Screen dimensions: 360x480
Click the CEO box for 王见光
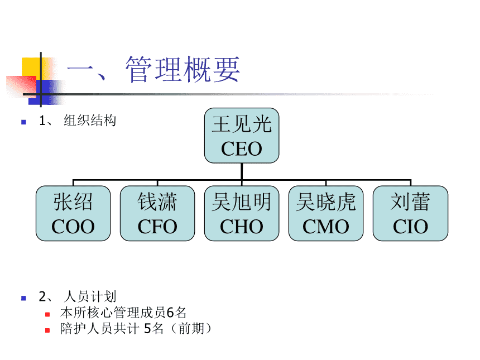pyautogui.click(x=241, y=136)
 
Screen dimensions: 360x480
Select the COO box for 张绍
pyautogui.click(x=73, y=214)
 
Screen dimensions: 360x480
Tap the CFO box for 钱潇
pyautogui.click(x=157, y=214)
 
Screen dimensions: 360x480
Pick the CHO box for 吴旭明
pyautogui.click(x=241, y=214)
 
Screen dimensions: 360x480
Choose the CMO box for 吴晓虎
pyautogui.click(x=326, y=214)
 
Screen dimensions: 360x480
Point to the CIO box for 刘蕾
pyautogui.click(x=410, y=214)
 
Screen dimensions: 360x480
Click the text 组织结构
pyautogui.click(x=90, y=121)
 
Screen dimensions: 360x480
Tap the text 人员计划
pyautogui.click(x=90, y=296)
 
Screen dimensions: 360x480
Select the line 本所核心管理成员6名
pyautogui.click(x=123, y=313)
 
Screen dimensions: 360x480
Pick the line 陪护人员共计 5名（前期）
pyautogui.click(x=136, y=329)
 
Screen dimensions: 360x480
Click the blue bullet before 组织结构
pyautogui.click(x=23, y=121)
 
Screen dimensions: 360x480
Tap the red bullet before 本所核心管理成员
pyautogui.click(x=48, y=314)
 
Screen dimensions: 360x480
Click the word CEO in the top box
pyautogui.click(x=241, y=149)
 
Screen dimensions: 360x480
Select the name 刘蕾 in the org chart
pyautogui.click(x=410, y=202)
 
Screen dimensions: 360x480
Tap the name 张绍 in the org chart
pyautogui.click(x=73, y=202)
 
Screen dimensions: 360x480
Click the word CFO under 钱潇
pyautogui.click(x=157, y=227)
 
